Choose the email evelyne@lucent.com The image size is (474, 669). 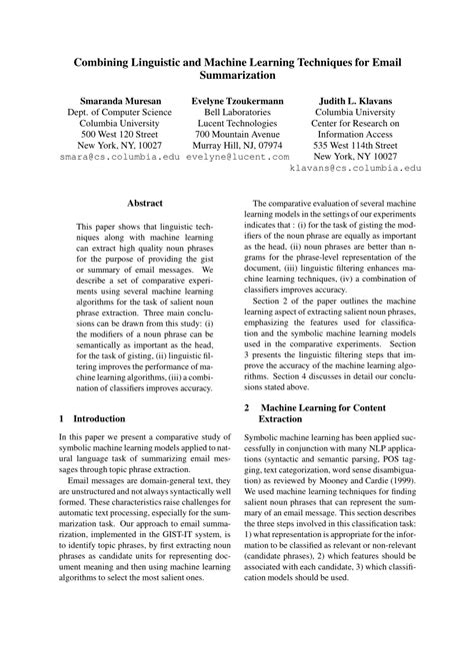[x=237, y=157]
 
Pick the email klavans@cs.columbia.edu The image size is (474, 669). [x=356, y=170]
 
